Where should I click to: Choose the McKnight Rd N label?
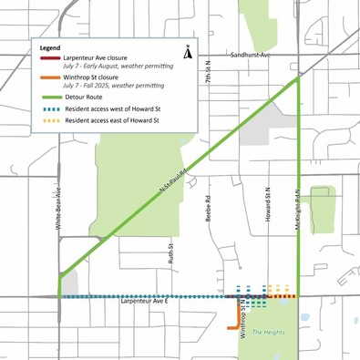297,213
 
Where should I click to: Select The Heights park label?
270,332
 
